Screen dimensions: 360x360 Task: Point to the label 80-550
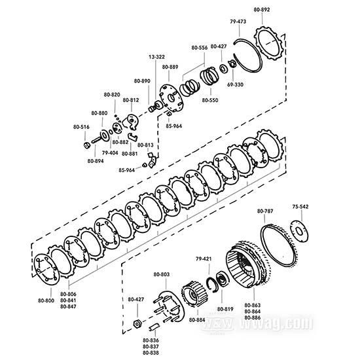coord(210,101)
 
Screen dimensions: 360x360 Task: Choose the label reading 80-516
coord(81,126)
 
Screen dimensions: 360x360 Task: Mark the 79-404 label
coord(109,153)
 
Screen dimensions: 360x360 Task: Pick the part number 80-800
coord(46,300)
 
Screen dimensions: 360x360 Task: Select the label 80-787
coord(265,211)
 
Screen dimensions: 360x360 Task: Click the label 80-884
coord(197,320)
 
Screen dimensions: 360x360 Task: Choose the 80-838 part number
coord(150,353)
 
